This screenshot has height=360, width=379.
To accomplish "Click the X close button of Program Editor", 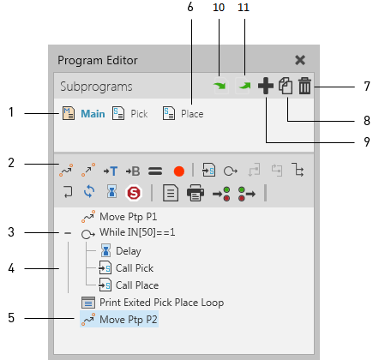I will click(300, 60).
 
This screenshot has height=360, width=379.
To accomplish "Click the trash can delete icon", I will click(305, 87).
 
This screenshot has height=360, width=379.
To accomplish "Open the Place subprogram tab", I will click(183, 113).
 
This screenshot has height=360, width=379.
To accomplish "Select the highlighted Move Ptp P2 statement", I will click(127, 320).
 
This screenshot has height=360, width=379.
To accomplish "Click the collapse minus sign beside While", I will click(67, 233).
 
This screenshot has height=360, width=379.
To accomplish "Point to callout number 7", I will click(366, 87).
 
